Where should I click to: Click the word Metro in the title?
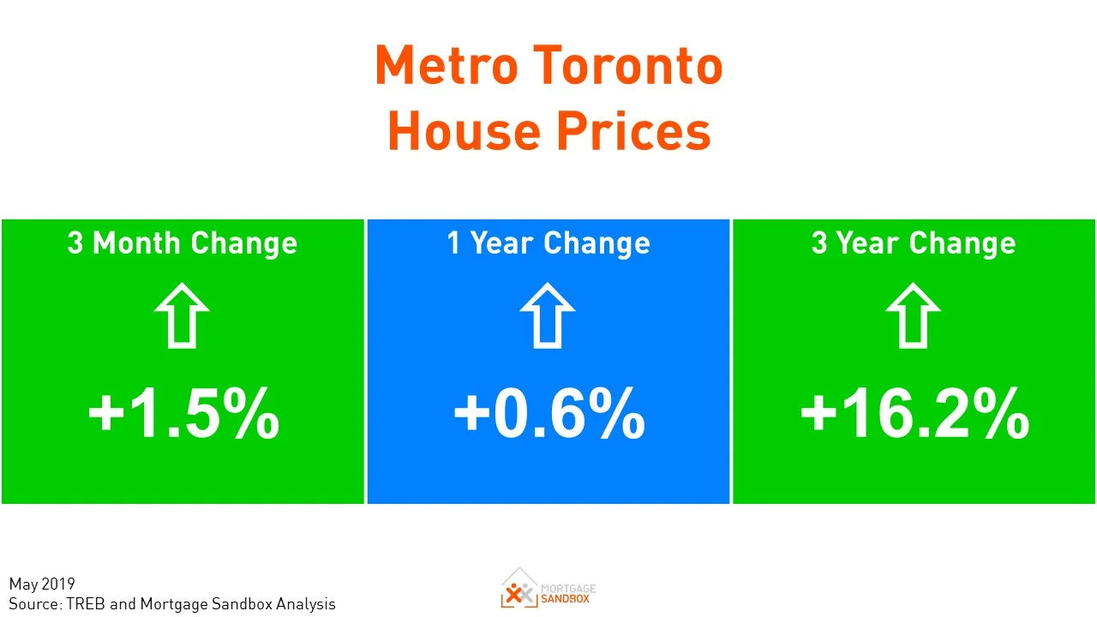pos(445,66)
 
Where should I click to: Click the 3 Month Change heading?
pos(183,243)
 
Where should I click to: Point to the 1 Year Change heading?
pos(548,243)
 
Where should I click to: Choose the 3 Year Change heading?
pos(914,243)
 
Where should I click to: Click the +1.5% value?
pos(183,414)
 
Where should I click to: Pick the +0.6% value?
pos(548,414)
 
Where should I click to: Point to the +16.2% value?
pos(914,414)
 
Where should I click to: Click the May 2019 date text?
pos(42,585)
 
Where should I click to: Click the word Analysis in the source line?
pos(306,604)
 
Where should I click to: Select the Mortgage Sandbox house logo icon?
pos(519,588)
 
